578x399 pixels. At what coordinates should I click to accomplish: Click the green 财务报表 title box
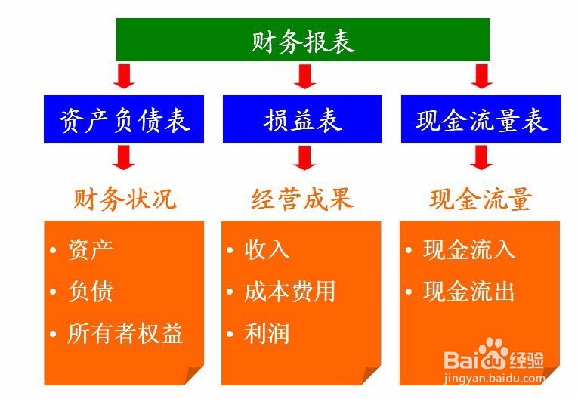(x=303, y=40)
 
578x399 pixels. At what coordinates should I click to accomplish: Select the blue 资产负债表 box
(x=124, y=119)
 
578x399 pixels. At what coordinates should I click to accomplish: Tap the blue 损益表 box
(x=303, y=119)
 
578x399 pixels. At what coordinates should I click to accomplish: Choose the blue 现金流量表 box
(x=481, y=119)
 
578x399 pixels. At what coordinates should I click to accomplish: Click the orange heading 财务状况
(x=125, y=199)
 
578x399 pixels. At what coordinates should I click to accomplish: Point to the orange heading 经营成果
(x=302, y=199)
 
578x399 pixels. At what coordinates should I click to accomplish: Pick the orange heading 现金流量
(x=481, y=199)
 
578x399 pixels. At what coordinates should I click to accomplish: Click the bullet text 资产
(x=91, y=249)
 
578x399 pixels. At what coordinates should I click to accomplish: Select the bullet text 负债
(x=91, y=292)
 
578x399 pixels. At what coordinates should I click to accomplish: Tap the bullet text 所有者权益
(x=125, y=333)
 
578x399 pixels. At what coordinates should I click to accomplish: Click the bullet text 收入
(x=267, y=249)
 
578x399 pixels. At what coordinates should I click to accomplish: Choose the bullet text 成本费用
(x=289, y=292)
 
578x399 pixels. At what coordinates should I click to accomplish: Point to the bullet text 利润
(x=267, y=333)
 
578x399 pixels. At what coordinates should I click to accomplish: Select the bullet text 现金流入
(x=468, y=249)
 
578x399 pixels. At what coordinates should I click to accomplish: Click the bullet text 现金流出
(x=468, y=292)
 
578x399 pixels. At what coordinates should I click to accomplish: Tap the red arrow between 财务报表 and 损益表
(x=304, y=76)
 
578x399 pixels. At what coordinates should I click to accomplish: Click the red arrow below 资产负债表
(x=125, y=156)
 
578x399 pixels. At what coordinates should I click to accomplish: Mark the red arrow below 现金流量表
(x=481, y=156)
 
